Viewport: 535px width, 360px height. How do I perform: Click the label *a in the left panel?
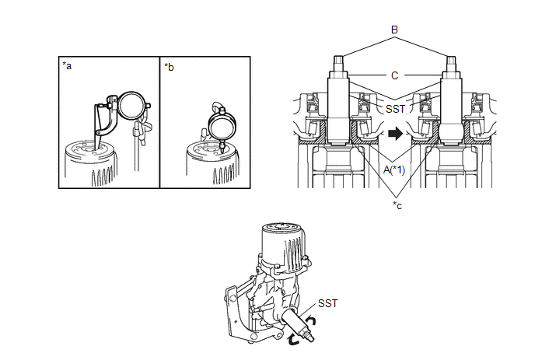click(x=67, y=65)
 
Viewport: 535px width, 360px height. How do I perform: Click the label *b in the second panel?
click(x=169, y=67)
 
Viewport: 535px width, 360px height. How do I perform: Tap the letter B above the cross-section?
click(x=394, y=30)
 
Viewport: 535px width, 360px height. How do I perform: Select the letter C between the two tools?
click(x=395, y=75)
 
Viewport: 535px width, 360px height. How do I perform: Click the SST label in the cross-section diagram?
click(x=395, y=109)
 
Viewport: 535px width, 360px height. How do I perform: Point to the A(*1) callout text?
click(x=394, y=170)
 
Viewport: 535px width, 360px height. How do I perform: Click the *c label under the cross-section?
click(x=397, y=205)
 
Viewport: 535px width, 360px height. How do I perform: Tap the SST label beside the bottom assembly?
click(x=328, y=303)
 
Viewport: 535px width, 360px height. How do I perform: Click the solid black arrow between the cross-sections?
click(x=396, y=133)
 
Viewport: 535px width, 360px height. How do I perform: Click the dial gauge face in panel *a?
click(x=131, y=106)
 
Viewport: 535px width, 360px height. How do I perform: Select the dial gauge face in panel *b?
click(x=222, y=126)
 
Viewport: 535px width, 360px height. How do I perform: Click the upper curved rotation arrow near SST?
click(x=311, y=320)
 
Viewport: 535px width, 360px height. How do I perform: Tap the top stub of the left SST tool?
click(x=337, y=64)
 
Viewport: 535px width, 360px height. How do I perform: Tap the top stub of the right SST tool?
click(x=451, y=64)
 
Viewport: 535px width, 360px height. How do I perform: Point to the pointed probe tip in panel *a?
click(x=97, y=149)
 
